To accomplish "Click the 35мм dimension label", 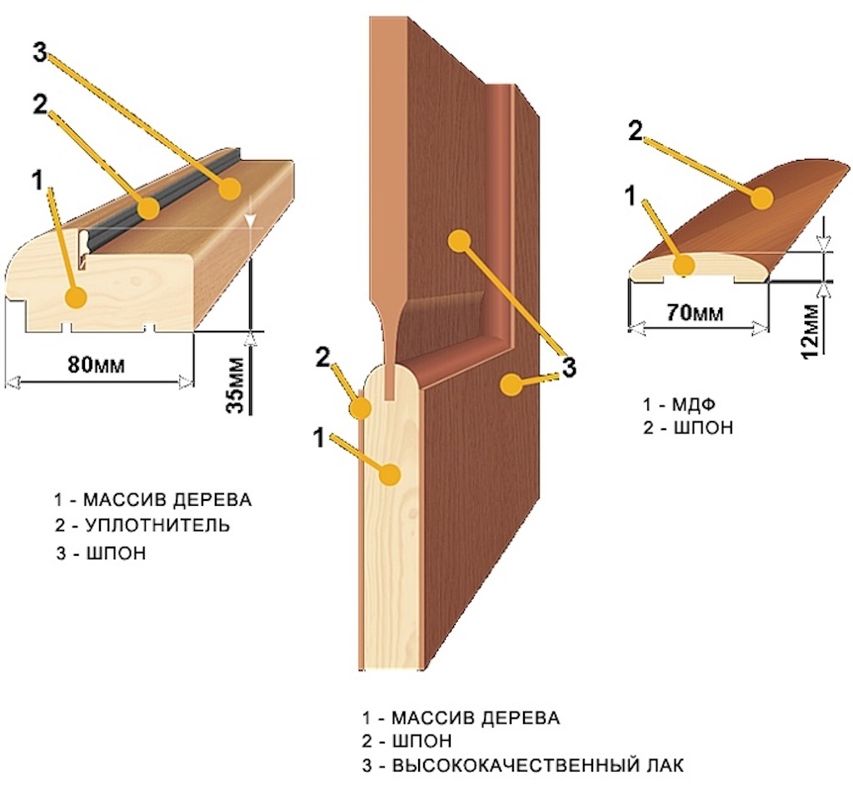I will [x=237, y=384].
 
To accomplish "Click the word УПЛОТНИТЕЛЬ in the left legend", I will [x=157, y=526].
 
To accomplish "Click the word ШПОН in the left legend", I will [x=116, y=552].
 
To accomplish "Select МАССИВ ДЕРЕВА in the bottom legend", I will [x=476, y=717].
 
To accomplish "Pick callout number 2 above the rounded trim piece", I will [x=634, y=132].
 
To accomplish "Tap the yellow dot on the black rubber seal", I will [x=148, y=207].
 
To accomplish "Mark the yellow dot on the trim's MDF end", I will [x=684, y=266].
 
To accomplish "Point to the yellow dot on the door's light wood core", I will [x=388, y=474].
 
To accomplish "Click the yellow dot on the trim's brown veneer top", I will [x=761, y=198].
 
